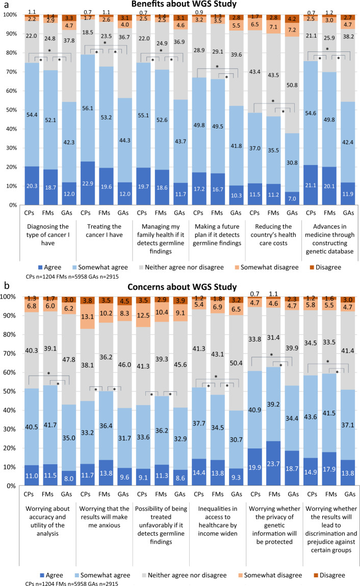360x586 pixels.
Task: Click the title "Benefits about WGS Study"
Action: (190, 5)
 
